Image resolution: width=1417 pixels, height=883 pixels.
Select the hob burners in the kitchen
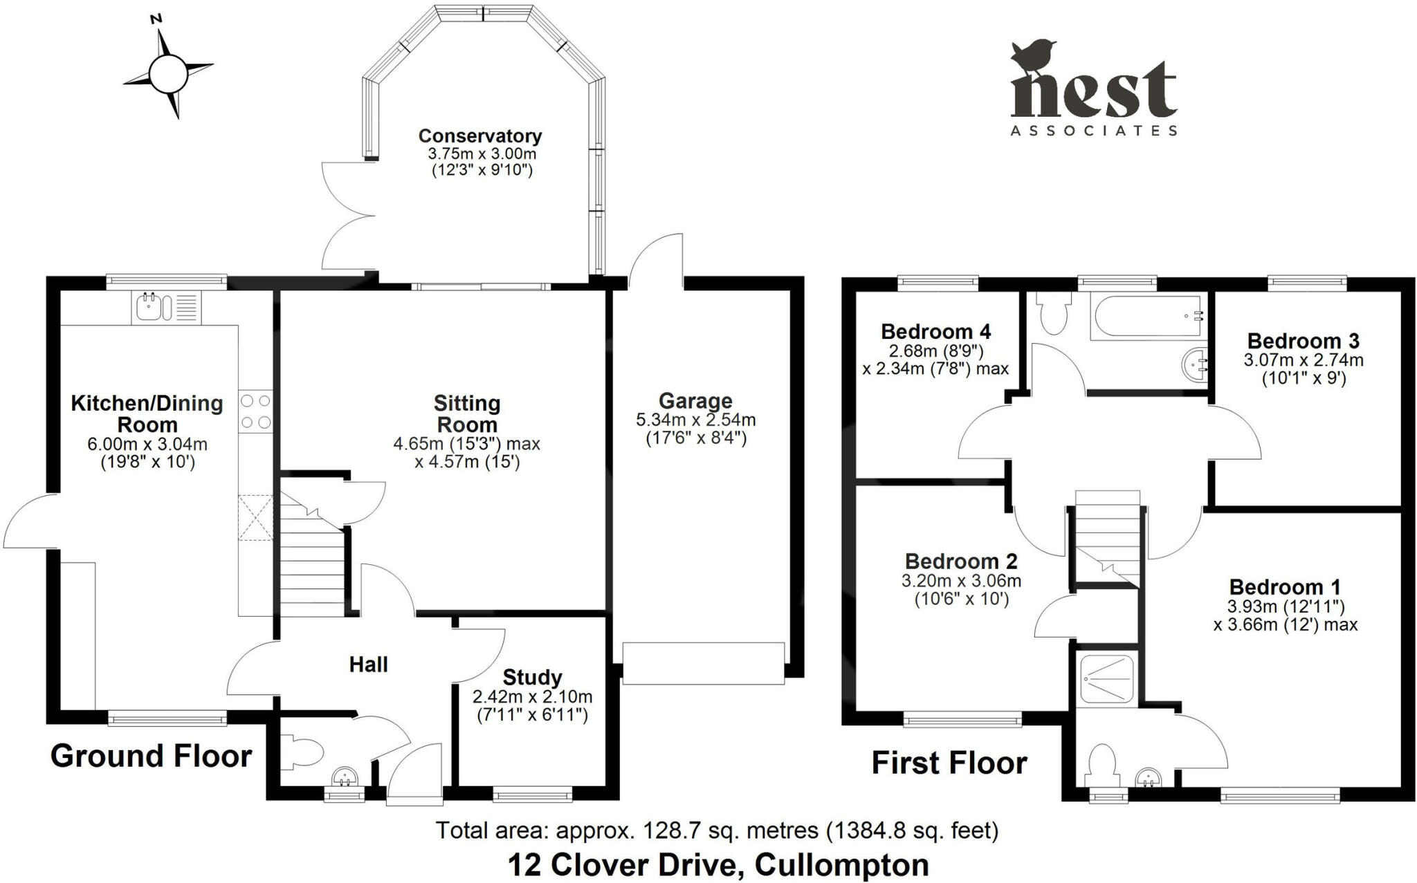(x=255, y=411)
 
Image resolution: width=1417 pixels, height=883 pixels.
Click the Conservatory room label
(x=479, y=136)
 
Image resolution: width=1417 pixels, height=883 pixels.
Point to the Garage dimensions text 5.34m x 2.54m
(x=695, y=420)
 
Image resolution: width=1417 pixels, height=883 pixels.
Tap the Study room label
(x=532, y=677)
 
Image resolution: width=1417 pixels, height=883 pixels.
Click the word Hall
(x=368, y=664)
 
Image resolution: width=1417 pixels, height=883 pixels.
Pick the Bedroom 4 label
(x=936, y=331)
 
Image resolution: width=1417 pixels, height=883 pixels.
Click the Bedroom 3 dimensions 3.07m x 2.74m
(x=1304, y=360)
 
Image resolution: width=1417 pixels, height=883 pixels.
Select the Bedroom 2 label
(x=961, y=561)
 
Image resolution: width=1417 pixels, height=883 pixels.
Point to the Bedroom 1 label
(x=1285, y=587)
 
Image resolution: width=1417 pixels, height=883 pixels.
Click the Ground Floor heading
(x=151, y=756)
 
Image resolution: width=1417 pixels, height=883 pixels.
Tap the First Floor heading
(x=949, y=763)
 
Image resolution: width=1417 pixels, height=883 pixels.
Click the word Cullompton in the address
(x=841, y=864)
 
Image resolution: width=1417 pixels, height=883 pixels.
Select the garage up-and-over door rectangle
(x=704, y=664)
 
